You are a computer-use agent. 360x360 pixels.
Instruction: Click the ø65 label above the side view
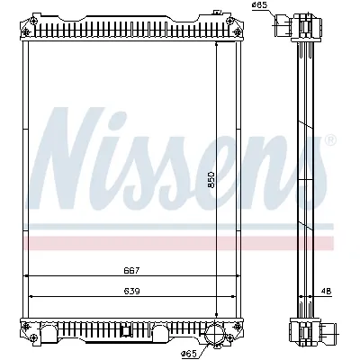[259, 6]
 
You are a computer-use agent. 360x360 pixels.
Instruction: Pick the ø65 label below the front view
[189, 352]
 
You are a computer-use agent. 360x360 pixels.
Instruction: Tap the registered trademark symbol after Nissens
[329, 141]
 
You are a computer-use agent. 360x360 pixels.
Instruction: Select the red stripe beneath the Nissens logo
[180, 243]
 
